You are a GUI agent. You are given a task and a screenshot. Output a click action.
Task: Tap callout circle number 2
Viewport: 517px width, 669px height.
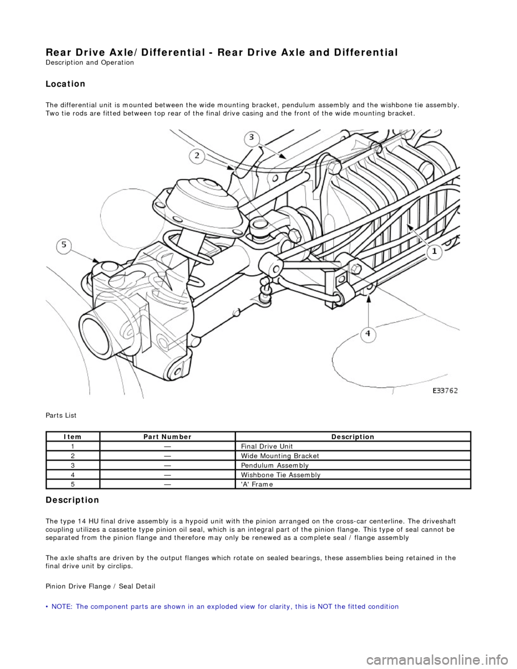(197, 156)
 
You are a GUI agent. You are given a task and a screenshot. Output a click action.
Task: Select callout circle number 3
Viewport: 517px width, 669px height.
(251, 138)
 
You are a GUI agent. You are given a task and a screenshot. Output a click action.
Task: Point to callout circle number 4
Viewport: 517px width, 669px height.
(368, 334)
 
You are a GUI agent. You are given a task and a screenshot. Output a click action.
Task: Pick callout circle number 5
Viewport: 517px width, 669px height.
(64, 246)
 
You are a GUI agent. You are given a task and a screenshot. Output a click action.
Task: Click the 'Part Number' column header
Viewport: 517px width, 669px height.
(167, 437)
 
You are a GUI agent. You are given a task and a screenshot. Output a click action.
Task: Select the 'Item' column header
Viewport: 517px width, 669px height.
(73, 437)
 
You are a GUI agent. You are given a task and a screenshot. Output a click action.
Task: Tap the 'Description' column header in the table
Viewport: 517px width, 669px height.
(353, 437)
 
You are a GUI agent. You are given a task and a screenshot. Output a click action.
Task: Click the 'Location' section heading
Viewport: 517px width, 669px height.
(66, 84)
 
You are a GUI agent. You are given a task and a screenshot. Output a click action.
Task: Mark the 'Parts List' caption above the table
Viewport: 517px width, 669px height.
(61, 415)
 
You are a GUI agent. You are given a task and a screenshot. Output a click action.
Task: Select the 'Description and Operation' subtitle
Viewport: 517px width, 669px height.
(90, 62)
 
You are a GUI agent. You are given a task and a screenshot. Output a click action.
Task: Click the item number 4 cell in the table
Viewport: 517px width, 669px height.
(73, 475)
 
